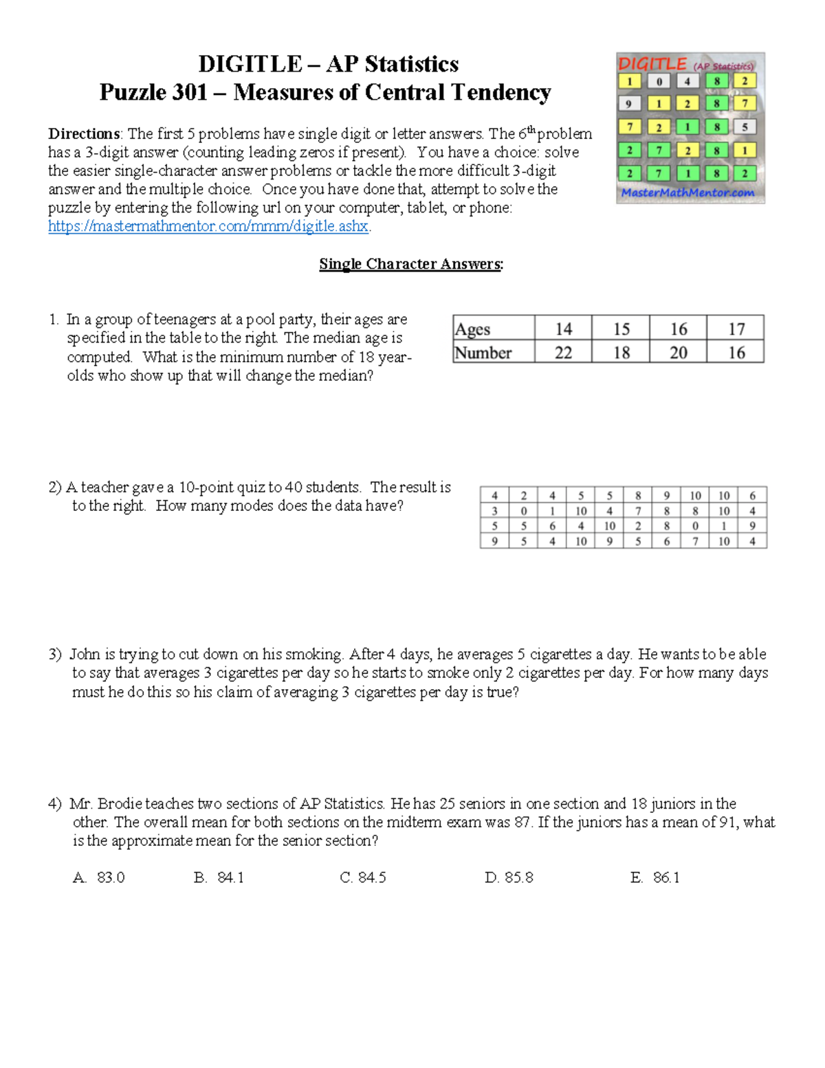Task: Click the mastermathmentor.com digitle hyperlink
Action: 209,226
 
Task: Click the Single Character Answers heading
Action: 411,264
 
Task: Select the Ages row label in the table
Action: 473,329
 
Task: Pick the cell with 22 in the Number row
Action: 563,353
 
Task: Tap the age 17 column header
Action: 736,329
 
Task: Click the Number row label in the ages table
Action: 483,353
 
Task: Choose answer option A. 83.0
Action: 99,878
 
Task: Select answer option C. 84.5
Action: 363,878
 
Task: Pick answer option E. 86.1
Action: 654,878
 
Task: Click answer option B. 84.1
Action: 219,878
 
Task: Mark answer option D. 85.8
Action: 509,878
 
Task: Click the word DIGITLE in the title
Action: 250,64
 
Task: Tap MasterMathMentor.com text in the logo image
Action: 687,193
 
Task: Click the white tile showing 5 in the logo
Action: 745,127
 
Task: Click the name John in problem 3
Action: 85,654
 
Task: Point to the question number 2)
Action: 55,488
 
